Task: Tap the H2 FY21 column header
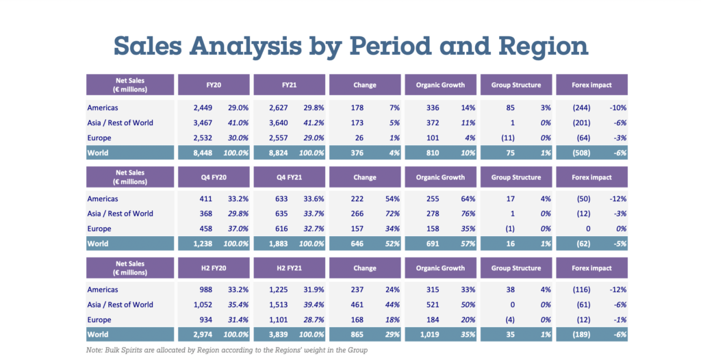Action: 288,268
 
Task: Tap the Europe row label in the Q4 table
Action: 99,229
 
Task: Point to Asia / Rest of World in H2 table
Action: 120,305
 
